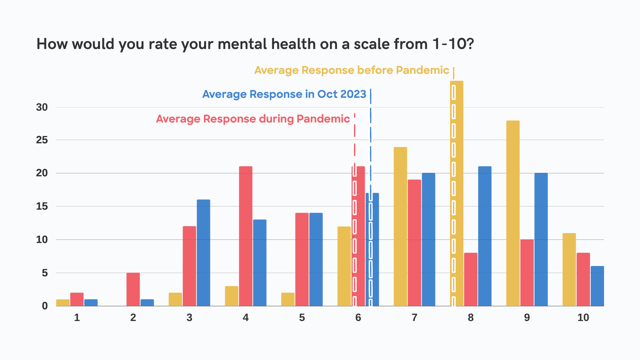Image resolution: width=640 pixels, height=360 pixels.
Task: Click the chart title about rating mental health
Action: click(x=255, y=44)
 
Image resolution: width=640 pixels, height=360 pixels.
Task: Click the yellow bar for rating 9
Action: click(x=513, y=213)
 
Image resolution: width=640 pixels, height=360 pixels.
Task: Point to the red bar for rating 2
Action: click(x=133, y=289)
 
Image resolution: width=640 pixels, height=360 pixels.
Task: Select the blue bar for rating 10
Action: click(x=597, y=286)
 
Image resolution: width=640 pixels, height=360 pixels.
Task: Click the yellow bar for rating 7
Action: click(x=400, y=227)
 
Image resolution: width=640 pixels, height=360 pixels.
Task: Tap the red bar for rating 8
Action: click(x=471, y=279)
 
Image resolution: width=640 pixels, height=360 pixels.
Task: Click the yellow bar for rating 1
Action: click(x=63, y=303)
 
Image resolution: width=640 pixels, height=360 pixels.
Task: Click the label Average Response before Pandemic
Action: click(x=352, y=70)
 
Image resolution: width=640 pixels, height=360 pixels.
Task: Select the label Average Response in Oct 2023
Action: click(x=284, y=94)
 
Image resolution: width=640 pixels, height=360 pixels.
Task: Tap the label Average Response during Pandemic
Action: click(x=253, y=119)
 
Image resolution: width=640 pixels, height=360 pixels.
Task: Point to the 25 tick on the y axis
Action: click(x=42, y=140)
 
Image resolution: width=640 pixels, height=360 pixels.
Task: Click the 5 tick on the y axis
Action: click(x=45, y=273)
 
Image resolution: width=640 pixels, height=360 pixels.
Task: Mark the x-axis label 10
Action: click(x=583, y=318)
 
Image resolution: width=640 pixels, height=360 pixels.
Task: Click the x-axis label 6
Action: click(x=358, y=318)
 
